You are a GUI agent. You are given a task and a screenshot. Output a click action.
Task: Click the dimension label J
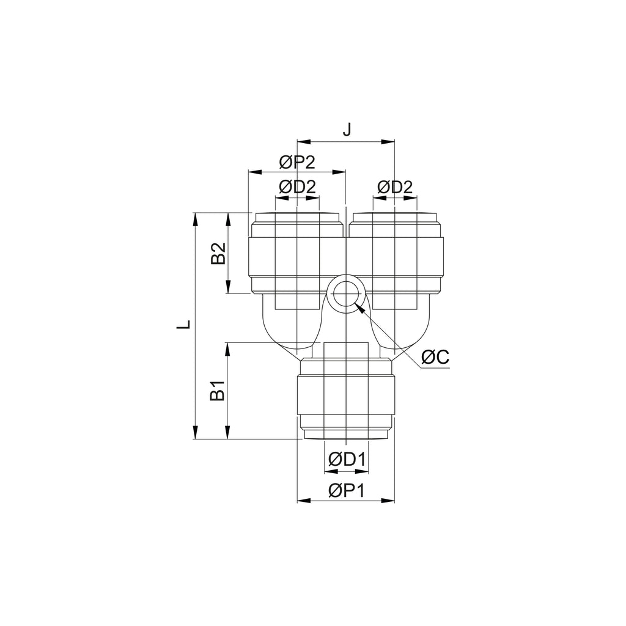[x=347, y=130]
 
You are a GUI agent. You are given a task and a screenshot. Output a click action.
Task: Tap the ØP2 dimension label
[x=298, y=163]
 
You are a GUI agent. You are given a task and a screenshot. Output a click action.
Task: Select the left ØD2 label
[x=298, y=186]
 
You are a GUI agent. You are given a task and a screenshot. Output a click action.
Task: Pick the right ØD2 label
[x=395, y=186]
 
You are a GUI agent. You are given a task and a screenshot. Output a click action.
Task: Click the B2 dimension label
[x=218, y=253]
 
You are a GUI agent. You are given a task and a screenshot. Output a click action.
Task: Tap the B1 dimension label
[x=218, y=391]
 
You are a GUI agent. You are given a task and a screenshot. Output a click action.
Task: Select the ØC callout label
[x=435, y=356]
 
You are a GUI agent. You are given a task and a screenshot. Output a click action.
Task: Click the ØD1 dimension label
[x=347, y=460]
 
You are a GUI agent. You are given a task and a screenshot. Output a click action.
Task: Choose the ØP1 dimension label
[x=347, y=490]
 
